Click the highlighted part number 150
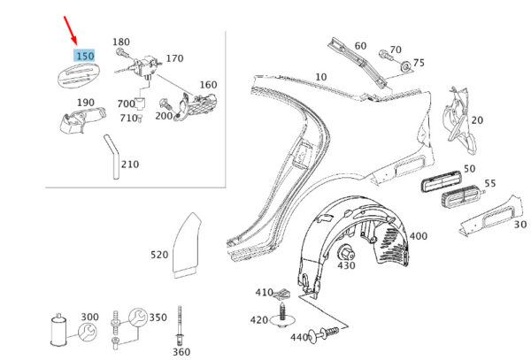click(85, 56)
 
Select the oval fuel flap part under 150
click(79, 75)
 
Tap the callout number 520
click(159, 255)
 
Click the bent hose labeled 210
click(114, 157)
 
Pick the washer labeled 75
click(405, 66)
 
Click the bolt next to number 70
click(385, 55)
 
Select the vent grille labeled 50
click(441, 181)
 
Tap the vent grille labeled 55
click(463, 200)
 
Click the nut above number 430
click(346, 252)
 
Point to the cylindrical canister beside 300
click(58, 330)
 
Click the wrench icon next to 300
click(88, 332)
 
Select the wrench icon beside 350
click(138, 318)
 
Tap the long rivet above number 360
click(180, 326)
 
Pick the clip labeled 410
click(281, 295)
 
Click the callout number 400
click(419, 236)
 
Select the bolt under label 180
click(122, 53)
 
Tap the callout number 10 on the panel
click(321, 77)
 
